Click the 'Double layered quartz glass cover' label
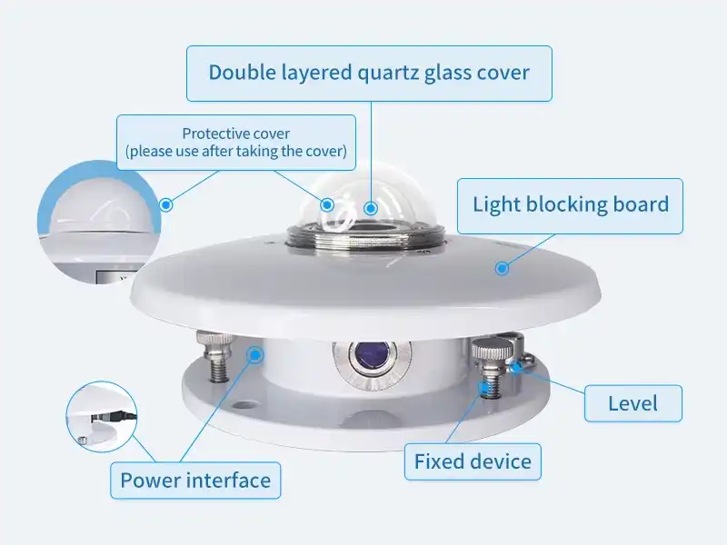(369, 73)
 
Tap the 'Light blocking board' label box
(570, 204)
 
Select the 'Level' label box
(632, 402)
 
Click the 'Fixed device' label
(473, 461)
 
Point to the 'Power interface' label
(195, 481)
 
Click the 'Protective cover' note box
(236, 143)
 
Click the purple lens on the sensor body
(369, 356)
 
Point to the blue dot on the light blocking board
(501, 267)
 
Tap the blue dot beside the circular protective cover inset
(165, 205)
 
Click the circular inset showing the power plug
(101, 417)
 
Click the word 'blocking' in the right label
(578, 204)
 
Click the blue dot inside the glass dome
(370, 208)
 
